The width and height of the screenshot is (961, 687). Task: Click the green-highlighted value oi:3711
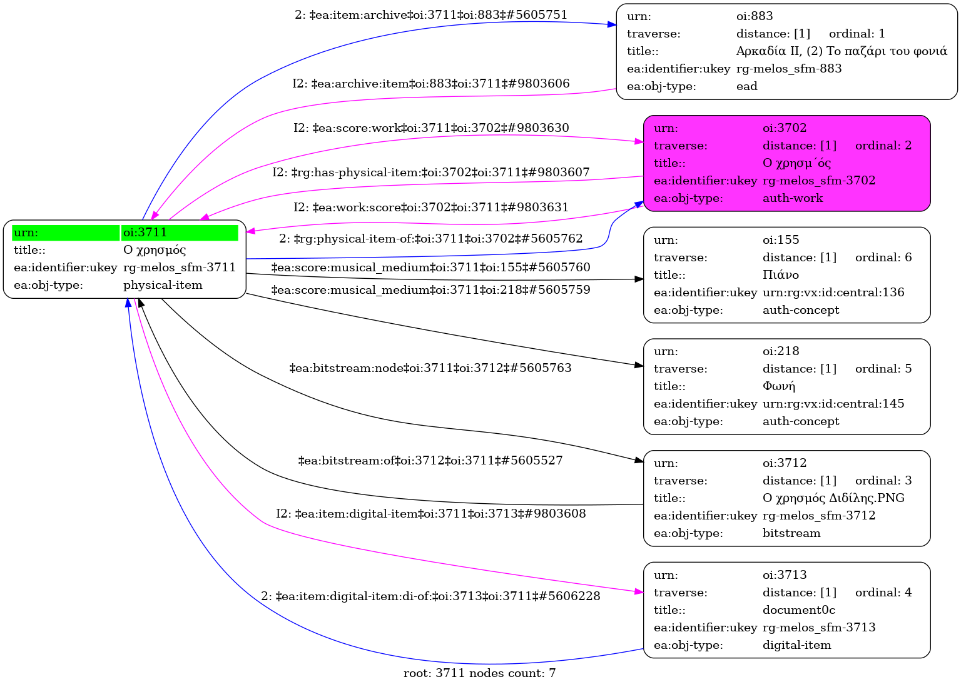click(145, 233)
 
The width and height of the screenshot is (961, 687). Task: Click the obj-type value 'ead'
click(746, 86)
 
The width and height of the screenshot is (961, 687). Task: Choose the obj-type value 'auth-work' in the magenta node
click(792, 198)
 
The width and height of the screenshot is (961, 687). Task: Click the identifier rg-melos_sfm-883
click(788, 69)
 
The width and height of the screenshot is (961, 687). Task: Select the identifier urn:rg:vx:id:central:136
click(833, 293)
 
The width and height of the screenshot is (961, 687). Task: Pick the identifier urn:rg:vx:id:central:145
click(833, 404)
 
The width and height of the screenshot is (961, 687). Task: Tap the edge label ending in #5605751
click(431, 15)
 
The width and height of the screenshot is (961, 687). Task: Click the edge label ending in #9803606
click(430, 84)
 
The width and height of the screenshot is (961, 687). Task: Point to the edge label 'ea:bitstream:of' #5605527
click(430, 461)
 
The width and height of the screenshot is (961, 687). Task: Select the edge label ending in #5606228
click(430, 596)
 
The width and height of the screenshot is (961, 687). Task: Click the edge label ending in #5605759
click(430, 290)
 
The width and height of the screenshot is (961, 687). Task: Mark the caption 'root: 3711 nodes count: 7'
click(479, 673)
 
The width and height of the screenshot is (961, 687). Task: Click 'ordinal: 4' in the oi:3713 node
click(883, 593)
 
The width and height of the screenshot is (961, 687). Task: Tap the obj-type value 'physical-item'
click(163, 285)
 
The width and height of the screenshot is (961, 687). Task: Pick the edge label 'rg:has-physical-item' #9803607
click(430, 172)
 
